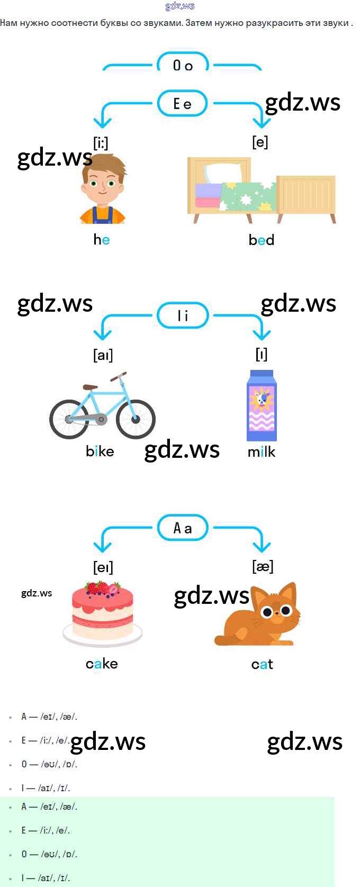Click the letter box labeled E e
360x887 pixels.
click(183, 104)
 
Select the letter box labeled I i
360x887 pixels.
click(183, 316)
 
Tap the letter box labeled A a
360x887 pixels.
click(183, 528)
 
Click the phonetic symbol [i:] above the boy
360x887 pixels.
click(101, 143)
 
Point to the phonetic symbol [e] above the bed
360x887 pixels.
click(260, 142)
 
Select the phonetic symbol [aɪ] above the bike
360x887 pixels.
click(103, 355)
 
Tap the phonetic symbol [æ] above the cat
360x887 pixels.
click(263, 566)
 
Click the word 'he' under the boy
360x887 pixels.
click(102, 240)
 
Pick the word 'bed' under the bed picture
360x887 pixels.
click(262, 240)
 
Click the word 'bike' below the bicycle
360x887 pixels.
click(100, 451)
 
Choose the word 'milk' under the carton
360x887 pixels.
click(262, 452)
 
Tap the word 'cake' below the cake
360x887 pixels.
click(102, 664)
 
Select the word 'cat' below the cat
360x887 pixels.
click(262, 664)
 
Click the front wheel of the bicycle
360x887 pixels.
click(136, 419)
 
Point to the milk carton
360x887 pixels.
click(262, 406)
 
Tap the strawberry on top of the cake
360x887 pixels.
click(102, 587)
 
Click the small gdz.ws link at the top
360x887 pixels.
click(180, 6)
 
